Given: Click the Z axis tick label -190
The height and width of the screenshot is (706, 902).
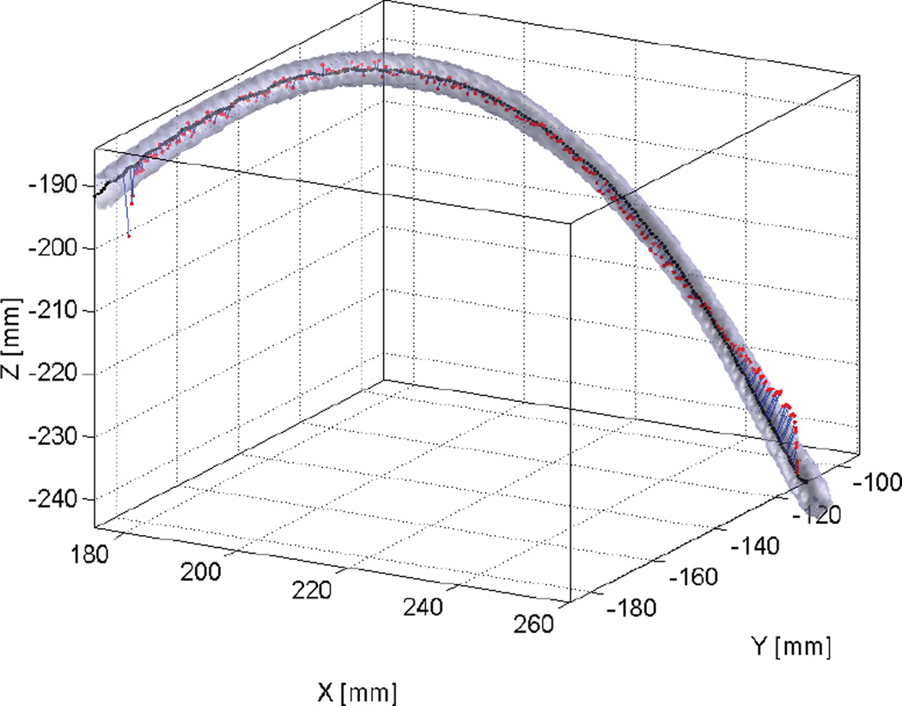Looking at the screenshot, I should (x=58, y=185).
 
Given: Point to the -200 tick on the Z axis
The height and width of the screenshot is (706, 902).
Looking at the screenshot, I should (x=58, y=247).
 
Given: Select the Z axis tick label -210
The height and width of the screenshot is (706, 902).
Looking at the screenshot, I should (x=58, y=310).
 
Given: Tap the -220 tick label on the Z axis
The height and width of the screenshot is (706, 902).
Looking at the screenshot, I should (x=58, y=373).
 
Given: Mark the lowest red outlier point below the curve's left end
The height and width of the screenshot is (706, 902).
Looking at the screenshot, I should (x=129, y=235).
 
